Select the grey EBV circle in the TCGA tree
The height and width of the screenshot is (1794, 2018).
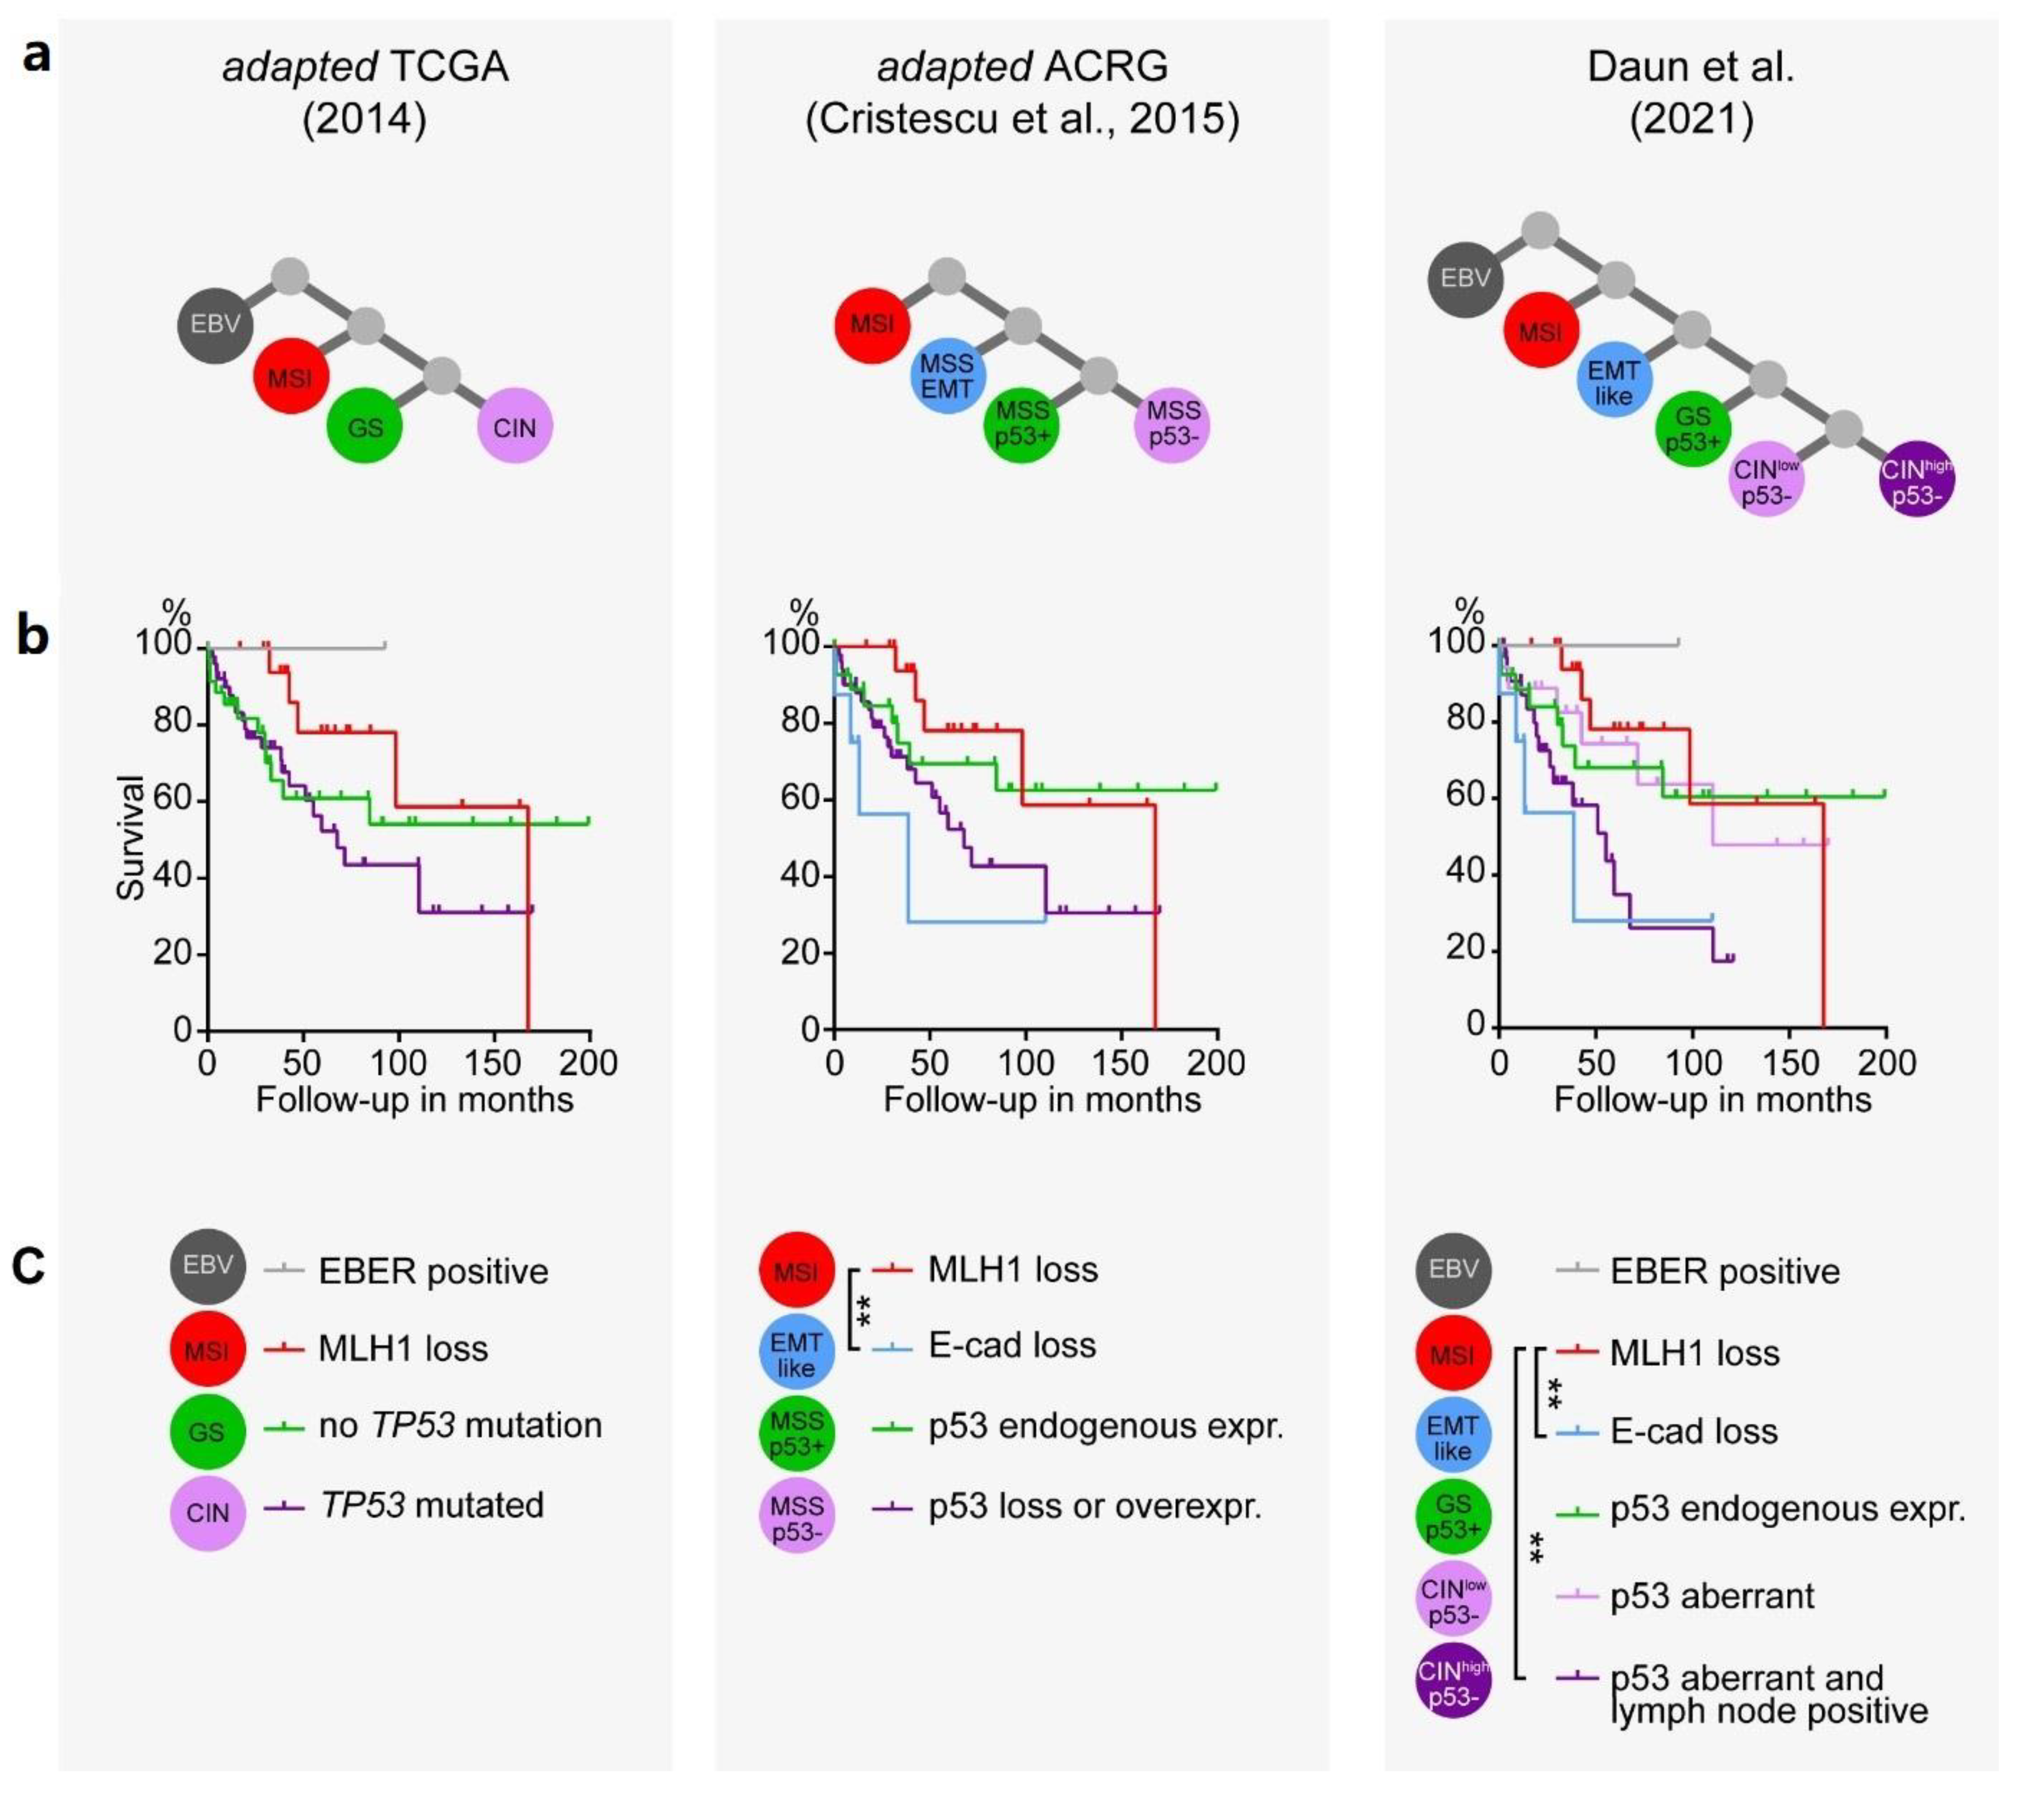215,325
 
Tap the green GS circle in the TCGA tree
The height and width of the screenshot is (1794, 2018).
365,427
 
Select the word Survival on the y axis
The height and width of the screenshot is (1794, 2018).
130,837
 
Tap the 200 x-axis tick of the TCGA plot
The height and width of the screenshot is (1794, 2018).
589,1063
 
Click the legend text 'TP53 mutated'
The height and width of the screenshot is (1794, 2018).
431,1505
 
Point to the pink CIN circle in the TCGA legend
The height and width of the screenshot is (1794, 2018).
207,1513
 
